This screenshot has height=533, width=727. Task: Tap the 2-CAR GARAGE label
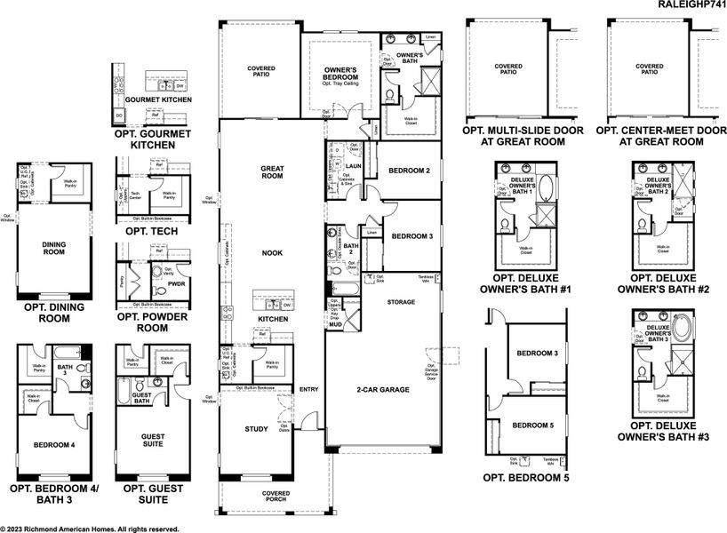pyautogui.click(x=382, y=390)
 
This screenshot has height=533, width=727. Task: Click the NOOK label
pyautogui.click(x=272, y=253)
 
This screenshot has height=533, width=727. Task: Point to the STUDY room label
pyautogui.click(x=256, y=429)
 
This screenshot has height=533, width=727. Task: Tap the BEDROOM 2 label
pyautogui.click(x=410, y=171)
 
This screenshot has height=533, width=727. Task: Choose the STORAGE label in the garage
pyautogui.click(x=401, y=302)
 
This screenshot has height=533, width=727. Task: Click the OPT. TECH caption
pyautogui.click(x=153, y=231)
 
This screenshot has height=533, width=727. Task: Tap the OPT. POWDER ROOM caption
pyautogui.click(x=153, y=322)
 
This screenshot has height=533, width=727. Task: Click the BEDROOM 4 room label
pyautogui.click(x=53, y=445)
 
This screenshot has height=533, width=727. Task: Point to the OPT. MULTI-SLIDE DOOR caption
pyautogui.click(x=523, y=135)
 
